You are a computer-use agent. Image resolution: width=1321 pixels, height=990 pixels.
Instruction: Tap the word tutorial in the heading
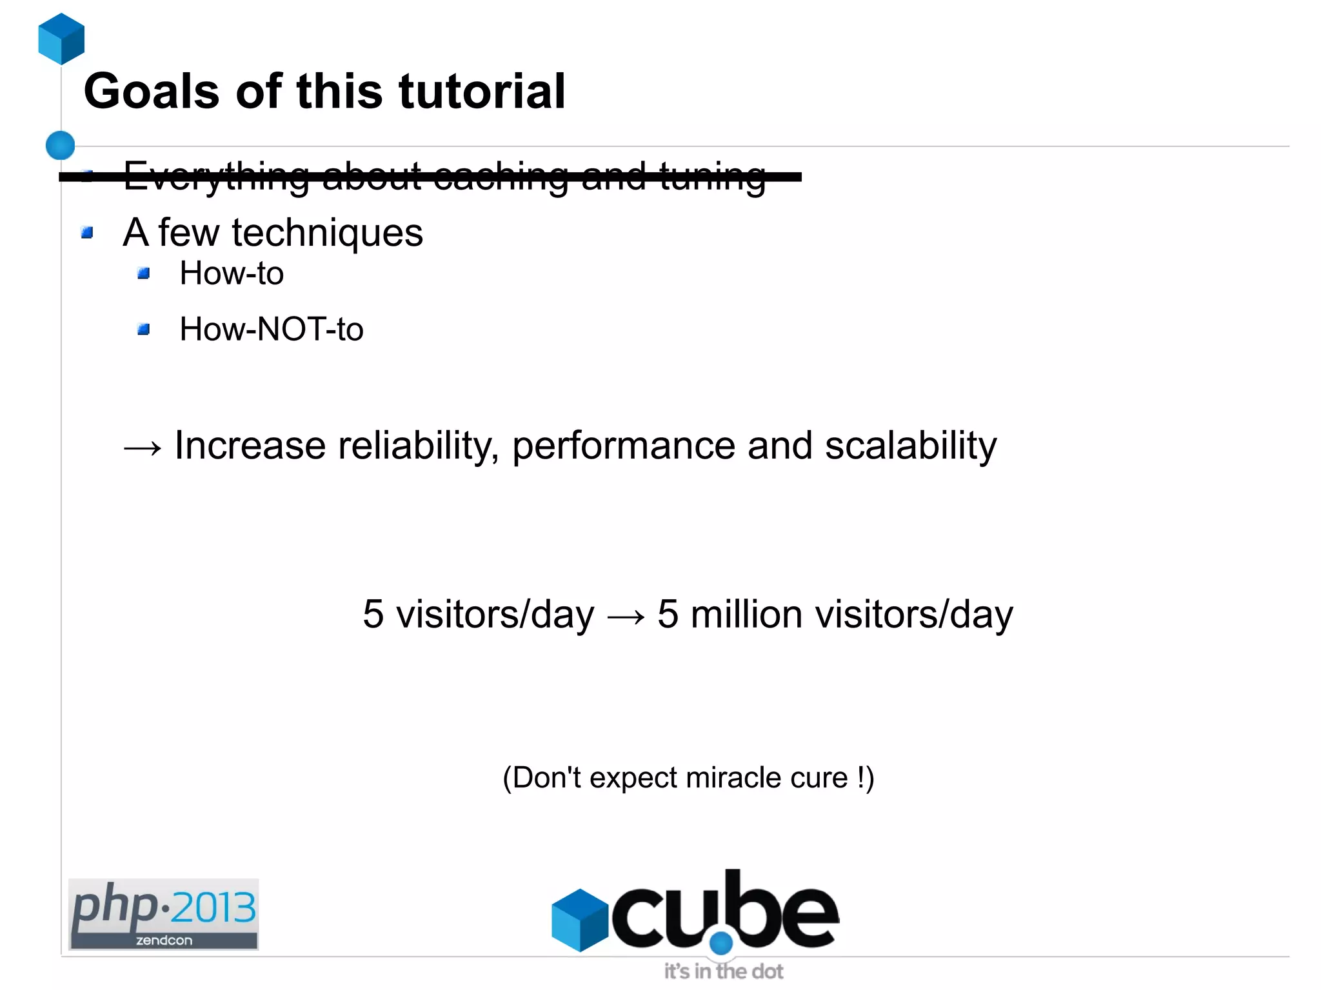[x=482, y=92]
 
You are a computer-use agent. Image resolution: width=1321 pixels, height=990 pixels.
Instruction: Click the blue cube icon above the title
[x=61, y=39]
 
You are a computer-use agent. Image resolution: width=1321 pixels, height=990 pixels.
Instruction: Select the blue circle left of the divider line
[x=61, y=145]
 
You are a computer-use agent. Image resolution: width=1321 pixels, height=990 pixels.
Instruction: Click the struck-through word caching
[x=501, y=176]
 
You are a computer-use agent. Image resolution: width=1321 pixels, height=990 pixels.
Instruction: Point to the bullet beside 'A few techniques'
[x=88, y=232]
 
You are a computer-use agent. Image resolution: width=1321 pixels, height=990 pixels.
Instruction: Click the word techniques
[x=327, y=233]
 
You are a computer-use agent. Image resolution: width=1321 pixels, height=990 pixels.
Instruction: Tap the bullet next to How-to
[x=144, y=273]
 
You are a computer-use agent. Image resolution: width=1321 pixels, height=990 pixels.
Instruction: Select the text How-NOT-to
[x=271, y=330]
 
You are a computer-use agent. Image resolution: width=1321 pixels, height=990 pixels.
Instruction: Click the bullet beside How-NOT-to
[x=144, y=330]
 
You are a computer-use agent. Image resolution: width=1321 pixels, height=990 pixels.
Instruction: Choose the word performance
[x=623, y=446]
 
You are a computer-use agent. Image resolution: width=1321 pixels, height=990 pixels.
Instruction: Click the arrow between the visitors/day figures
[x=626, y=617]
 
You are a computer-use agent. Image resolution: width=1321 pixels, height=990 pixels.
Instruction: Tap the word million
[x=746, y=614]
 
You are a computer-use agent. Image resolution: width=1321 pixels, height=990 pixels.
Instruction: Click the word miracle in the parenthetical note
[x=733, y=778]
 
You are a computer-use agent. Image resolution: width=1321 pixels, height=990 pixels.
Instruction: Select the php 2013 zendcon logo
[x=163, y=914]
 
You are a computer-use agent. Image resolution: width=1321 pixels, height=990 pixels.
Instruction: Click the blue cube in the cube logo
[x=580, y=920]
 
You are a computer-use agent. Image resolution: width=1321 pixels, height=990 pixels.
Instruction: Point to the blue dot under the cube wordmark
[x=721, y=943]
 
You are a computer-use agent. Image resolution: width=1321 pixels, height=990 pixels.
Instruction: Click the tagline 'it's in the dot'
[x=723, y=971]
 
